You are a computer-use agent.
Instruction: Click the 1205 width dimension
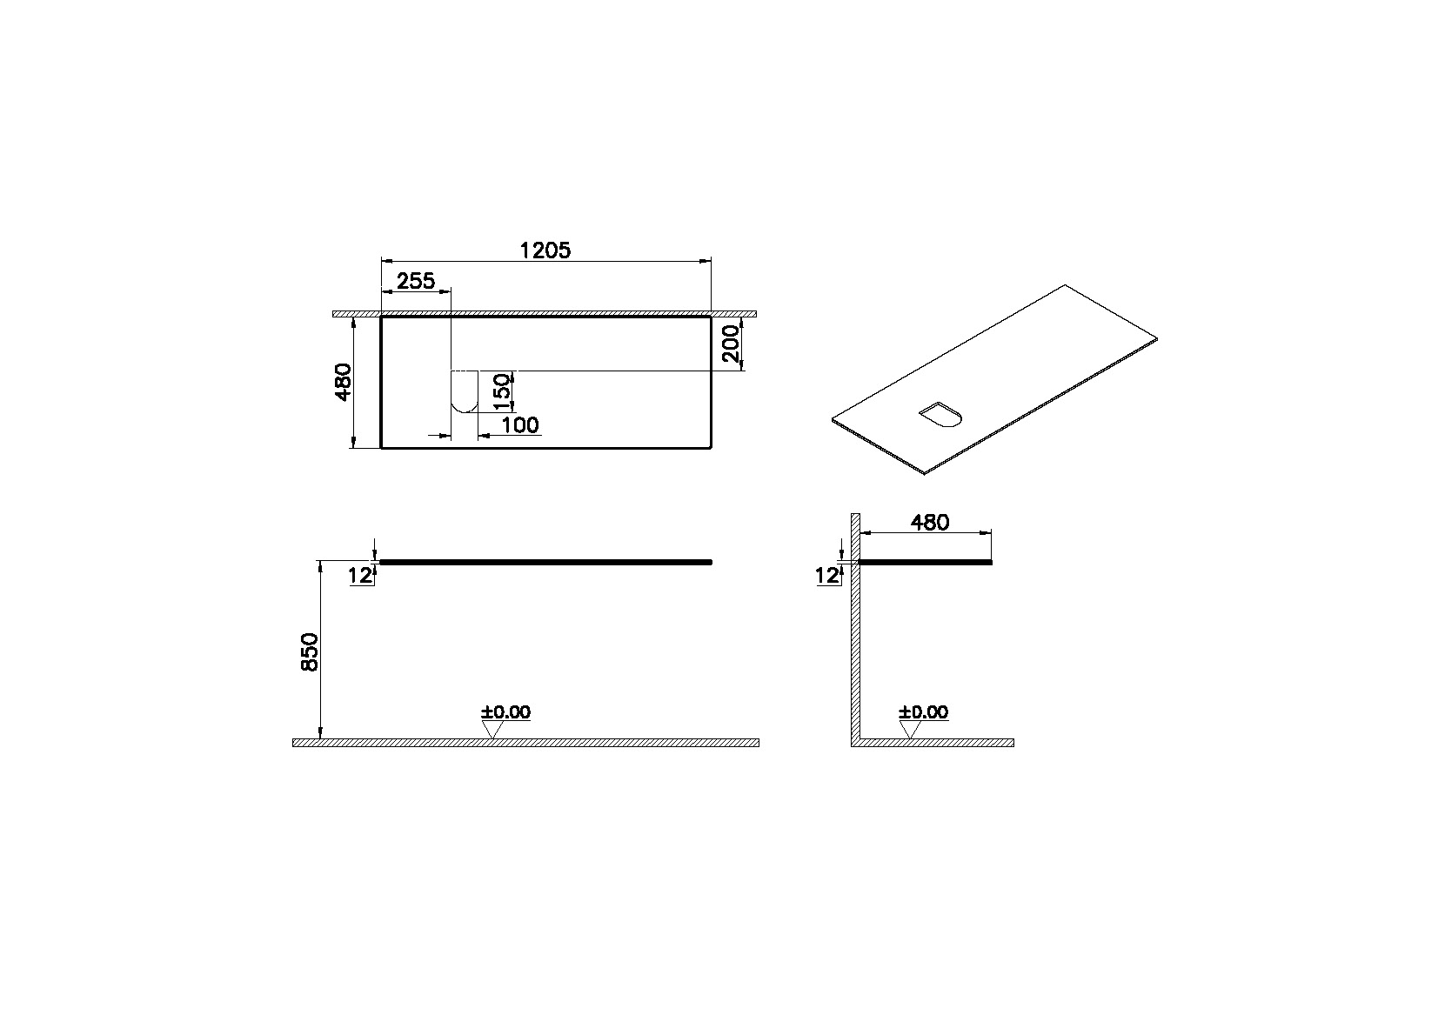545,250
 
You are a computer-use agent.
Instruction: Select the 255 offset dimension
416,281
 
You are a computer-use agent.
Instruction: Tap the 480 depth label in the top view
344,382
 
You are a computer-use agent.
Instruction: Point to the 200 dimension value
731,344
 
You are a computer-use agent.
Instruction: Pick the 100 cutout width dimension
520,425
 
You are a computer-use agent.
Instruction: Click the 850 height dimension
310,651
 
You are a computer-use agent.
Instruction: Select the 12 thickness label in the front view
359,575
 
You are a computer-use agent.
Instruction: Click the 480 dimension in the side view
929,523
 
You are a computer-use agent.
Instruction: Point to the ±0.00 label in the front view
505,712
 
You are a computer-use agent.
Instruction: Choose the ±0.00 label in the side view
924,712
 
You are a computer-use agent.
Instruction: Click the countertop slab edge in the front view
546,563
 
